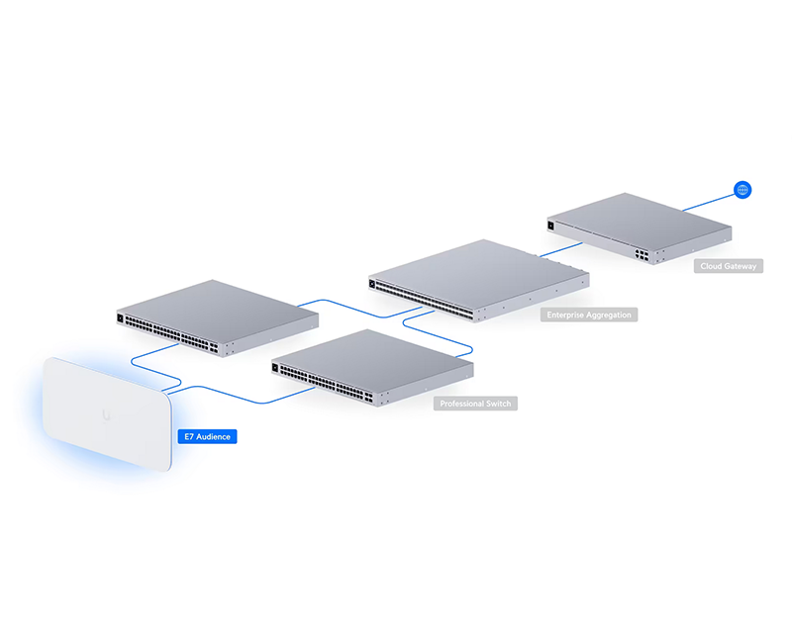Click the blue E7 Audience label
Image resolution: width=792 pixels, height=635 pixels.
coord(207,436)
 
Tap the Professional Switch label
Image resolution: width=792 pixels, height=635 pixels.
coord(475,404)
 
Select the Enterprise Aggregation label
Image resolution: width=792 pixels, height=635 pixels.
coord(589,315)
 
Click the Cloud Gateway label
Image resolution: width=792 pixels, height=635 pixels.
coord(729,266)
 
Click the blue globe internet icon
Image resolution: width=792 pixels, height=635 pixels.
coord(742,190)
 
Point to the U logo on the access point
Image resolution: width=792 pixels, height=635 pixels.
coord(106,415)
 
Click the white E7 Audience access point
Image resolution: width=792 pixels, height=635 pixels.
coord(107,413)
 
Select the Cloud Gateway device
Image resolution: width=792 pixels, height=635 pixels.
coord(640,228)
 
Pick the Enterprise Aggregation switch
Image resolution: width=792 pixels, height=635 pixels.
coord(479,280)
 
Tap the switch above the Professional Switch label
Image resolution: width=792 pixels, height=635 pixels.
coord(372,368)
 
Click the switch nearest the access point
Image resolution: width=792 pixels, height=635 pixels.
coord(217,318)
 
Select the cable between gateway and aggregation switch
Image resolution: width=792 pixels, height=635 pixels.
coord(560,250)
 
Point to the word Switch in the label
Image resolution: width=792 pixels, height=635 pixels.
coord(499,404)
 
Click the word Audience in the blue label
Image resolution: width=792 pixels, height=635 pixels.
coord(213,436)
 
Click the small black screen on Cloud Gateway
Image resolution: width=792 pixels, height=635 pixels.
coord(551,226)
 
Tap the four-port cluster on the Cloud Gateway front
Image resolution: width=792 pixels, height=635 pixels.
coord(642,255)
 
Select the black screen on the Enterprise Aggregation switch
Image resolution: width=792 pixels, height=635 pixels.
coord(372,284)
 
